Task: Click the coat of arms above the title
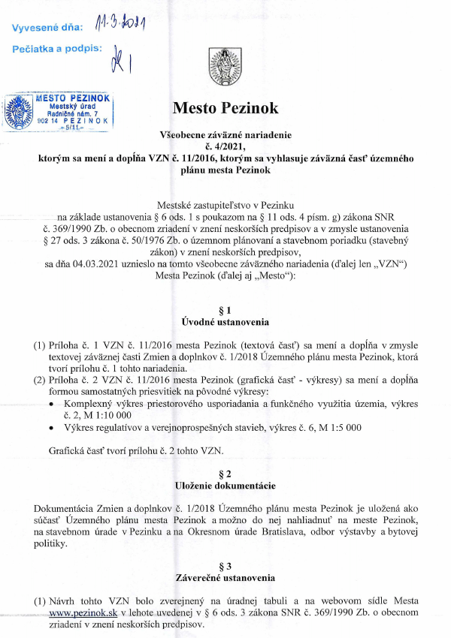(225, 63)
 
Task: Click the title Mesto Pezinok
(225, 108)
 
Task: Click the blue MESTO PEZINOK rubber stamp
(57, 111)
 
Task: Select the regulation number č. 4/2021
(225, 147)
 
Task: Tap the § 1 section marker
(225, 310)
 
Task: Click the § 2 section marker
(225, 474)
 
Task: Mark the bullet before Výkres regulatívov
(50, 428)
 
